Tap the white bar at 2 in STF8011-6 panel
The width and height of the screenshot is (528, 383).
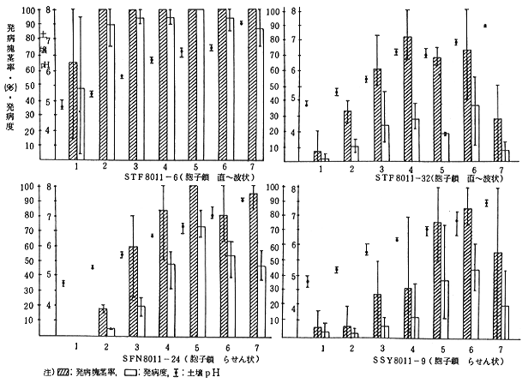point(111,89)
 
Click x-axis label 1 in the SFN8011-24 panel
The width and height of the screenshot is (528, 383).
point(77,344)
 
